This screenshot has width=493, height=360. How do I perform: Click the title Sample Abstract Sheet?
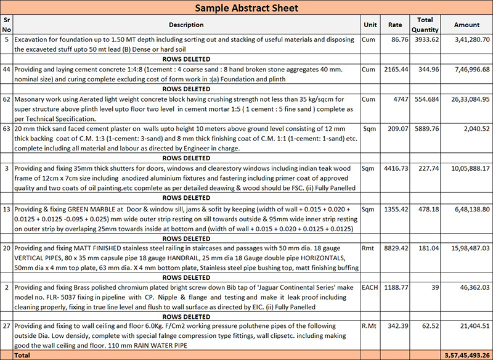pyautogui.click(x=246, y=8)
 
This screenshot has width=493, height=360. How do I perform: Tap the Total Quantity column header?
pyautogui.click(x=425, y=25)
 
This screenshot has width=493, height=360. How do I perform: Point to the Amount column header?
pyautogui.click(x=467, y=25)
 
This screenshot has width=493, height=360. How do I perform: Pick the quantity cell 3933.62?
pyautogui.click(x=426, y=39)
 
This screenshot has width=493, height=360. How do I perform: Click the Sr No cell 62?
pyautogui.click(x=7, y=99)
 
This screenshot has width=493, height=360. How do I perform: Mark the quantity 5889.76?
pyautogui.click(x=426, y=129)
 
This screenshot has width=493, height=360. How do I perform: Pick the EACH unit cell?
pyautogui.click(x=370, y=288)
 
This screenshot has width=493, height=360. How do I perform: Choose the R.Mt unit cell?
pyautogui.click(x=369, y=327)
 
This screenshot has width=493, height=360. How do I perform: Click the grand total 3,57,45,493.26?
pyautogui.click(x=467, y=356)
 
